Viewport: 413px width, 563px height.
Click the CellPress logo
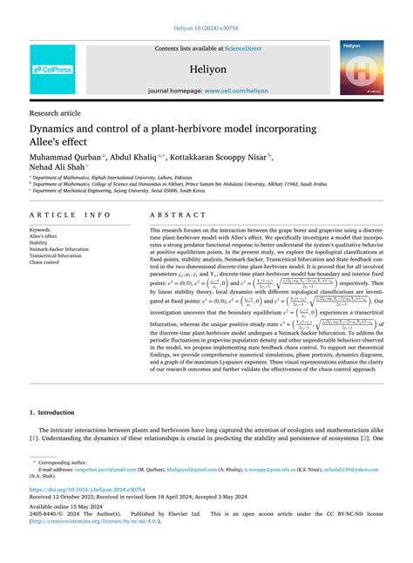[x=52, y=70]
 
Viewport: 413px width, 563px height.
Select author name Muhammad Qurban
[x=64, y=159]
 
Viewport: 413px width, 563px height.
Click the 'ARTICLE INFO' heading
[x=70, y=214]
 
